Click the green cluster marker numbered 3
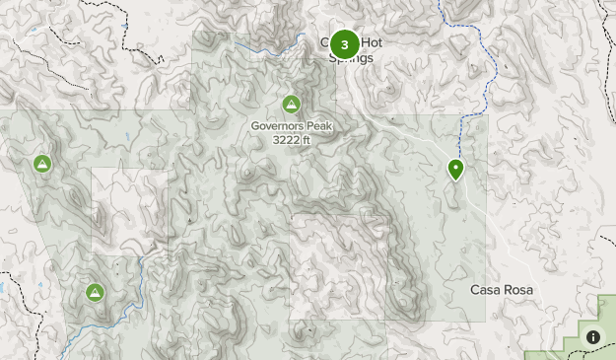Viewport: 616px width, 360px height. (344, 44)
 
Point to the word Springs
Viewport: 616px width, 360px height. (352, 58)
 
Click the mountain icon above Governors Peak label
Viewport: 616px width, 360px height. (291, 104)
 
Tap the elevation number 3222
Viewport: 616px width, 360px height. (286, 140)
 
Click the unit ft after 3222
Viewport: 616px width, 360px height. (307, 140)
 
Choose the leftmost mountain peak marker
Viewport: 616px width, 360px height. (42, 164)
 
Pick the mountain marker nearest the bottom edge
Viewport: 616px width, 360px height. (95, 292)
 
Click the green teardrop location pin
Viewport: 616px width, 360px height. (456, 170)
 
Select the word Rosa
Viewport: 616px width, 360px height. (519, 290)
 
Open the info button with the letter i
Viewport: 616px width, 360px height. (593, 336)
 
